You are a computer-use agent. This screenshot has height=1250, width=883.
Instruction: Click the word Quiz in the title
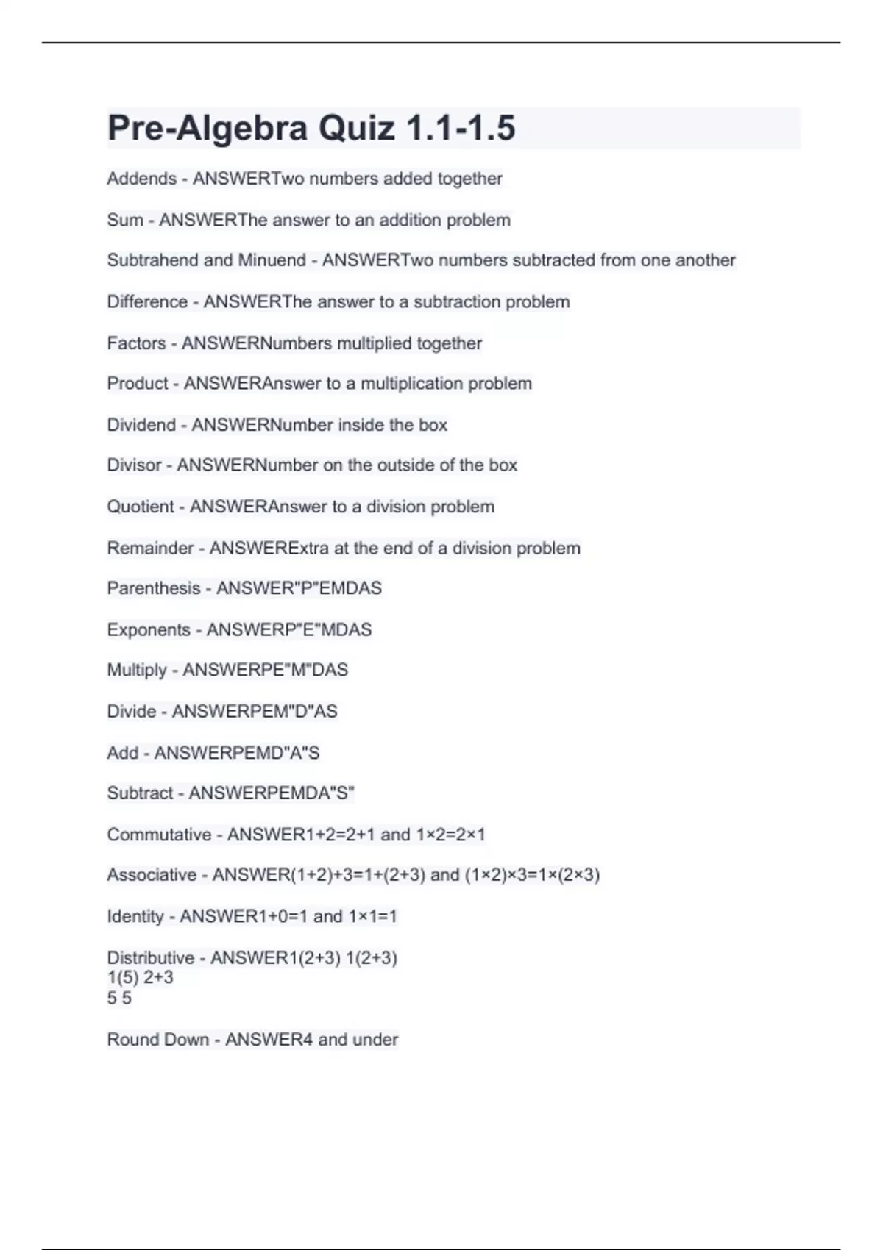point(356,128)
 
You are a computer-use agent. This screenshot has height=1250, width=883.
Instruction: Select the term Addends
point(141,179)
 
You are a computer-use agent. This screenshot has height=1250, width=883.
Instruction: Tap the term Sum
point(124,220)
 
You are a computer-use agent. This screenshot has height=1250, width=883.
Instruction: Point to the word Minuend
point(272,260)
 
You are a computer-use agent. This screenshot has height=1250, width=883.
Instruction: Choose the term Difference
point(147,301)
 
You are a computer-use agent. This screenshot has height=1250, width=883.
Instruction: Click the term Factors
point(136,343)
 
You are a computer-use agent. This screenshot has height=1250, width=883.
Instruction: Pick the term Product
point(138,384)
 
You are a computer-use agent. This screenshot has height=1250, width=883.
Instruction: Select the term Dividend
point(141,425)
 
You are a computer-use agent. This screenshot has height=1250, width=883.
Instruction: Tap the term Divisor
point(134,465)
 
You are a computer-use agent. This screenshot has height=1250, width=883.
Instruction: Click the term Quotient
point(141,507)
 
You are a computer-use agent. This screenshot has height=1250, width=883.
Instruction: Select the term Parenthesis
point(153,588)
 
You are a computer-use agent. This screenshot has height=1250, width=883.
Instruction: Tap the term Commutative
point(159,835)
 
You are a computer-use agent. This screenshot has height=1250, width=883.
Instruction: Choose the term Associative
point(152,875)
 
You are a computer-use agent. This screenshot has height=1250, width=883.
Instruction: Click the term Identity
point(135,916)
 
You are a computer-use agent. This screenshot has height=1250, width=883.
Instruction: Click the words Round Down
point(157,1040)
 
